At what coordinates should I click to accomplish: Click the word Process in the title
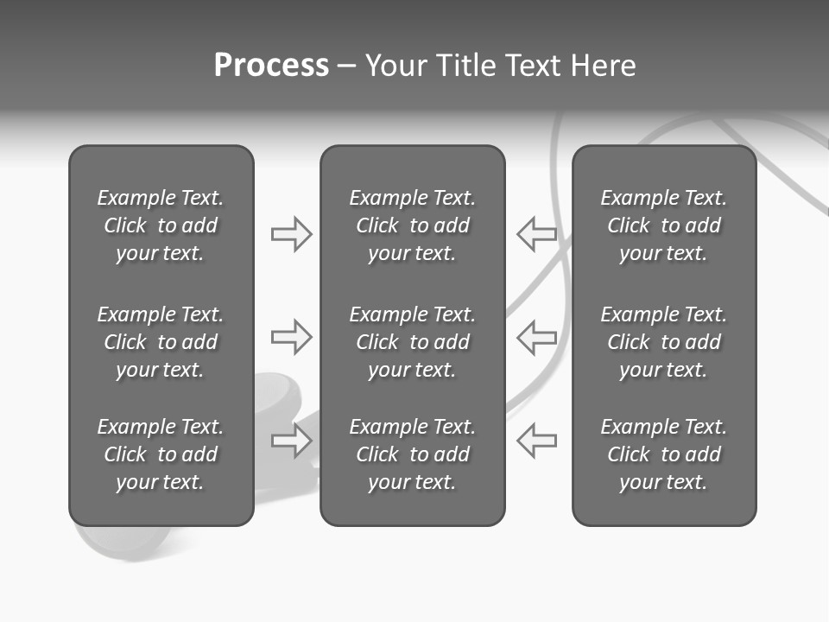[271, 66]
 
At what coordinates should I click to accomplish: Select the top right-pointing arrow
[292, 234]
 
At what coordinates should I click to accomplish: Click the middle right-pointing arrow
[292, 337]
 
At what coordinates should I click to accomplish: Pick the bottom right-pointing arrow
[292, 441]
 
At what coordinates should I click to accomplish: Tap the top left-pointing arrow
[536, 234]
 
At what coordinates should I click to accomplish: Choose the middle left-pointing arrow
[536, 337]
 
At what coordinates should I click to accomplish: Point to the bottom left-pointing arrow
[536, 441]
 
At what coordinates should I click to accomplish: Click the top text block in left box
[161, 225]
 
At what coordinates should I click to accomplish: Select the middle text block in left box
[161, 342]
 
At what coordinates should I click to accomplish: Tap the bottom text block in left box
[161, 454]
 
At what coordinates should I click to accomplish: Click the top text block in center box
[412, 225]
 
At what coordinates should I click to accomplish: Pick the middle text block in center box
[412, 342]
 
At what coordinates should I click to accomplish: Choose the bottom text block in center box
[412, 454]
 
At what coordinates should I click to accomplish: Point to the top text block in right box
[663, 225]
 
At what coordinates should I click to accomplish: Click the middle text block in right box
[663, 342]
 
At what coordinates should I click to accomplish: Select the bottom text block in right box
[663, 454]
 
